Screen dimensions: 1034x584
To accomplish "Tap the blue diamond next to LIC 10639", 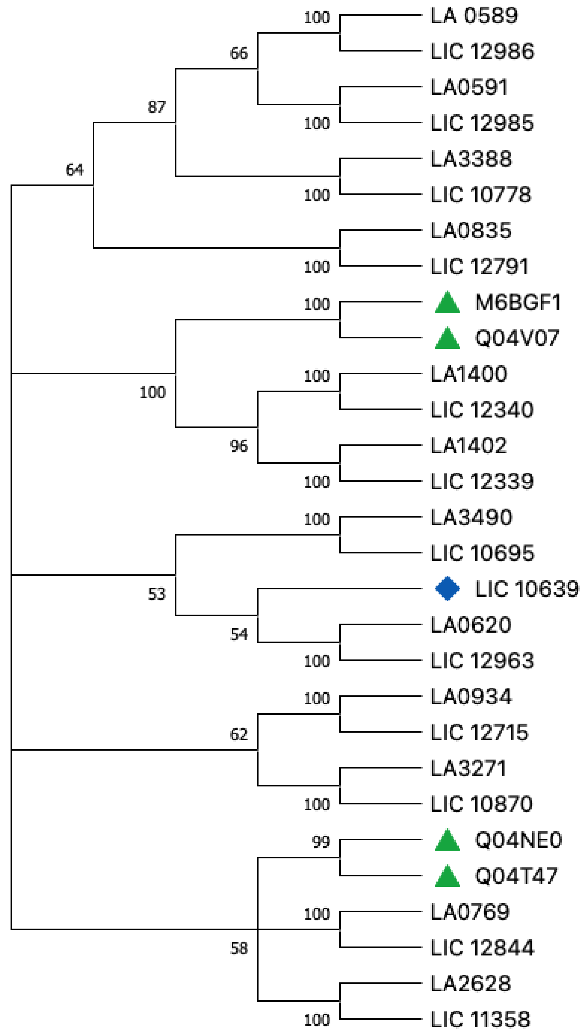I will click(447, 589).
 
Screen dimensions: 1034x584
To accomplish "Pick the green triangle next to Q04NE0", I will click(447, 840).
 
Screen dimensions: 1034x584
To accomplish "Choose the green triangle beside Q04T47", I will click(447, 876).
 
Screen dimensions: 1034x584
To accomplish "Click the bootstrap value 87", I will click(157, 107).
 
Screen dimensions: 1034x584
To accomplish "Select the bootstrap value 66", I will click(239, 53).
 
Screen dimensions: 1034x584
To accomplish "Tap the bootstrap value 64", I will click(75, 170).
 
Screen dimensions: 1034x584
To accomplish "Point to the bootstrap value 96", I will click(239, 446).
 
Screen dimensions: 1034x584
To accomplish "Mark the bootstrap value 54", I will click(239, 634).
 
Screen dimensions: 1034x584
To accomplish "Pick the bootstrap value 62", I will click(239, 734).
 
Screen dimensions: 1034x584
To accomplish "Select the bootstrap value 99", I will click(321, 842).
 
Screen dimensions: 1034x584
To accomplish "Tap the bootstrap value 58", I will click(239, 948).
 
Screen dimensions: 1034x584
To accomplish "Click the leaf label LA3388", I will click(471, 159).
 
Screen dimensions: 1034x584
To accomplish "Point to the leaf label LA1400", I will click(468, 374).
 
